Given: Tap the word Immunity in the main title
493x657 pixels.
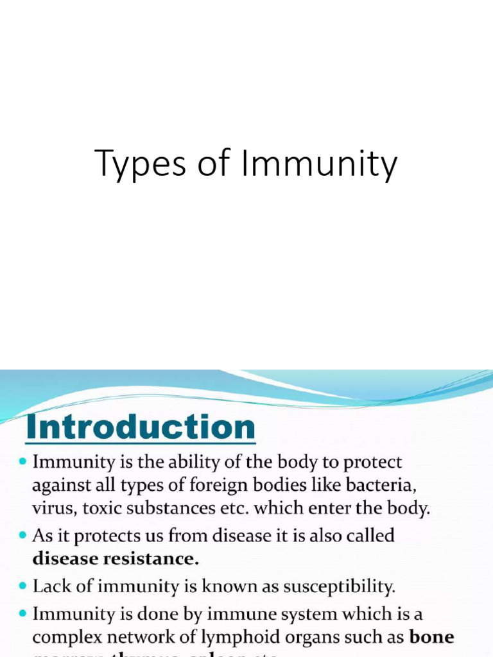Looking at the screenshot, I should point(318,165).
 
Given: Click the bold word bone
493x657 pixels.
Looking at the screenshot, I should point(432,638).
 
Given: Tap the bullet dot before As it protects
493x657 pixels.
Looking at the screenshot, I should point(23,536).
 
